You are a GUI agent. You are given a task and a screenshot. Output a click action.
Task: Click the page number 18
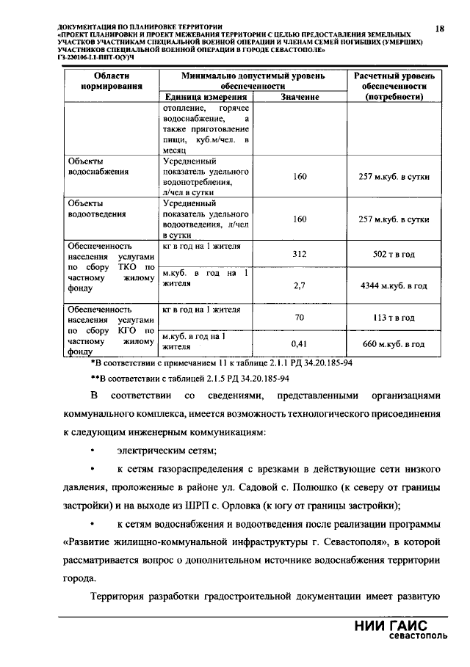439,29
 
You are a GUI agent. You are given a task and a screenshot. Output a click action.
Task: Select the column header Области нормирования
111,81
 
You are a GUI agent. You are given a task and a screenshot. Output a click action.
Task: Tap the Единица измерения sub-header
205,98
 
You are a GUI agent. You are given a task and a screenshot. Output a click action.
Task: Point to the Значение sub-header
299,98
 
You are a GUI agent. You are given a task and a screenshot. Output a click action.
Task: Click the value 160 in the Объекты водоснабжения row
299,177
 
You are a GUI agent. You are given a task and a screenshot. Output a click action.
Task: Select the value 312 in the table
299,254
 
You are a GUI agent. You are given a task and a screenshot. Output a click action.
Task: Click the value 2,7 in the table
299,285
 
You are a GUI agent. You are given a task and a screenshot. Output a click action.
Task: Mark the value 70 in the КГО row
299,318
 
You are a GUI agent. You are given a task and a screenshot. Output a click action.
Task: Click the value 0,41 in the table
299,343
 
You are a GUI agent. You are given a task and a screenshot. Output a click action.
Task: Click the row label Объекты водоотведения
96,208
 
